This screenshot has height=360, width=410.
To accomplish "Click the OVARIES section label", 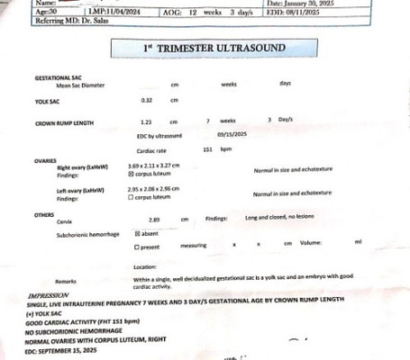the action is [46, 160].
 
